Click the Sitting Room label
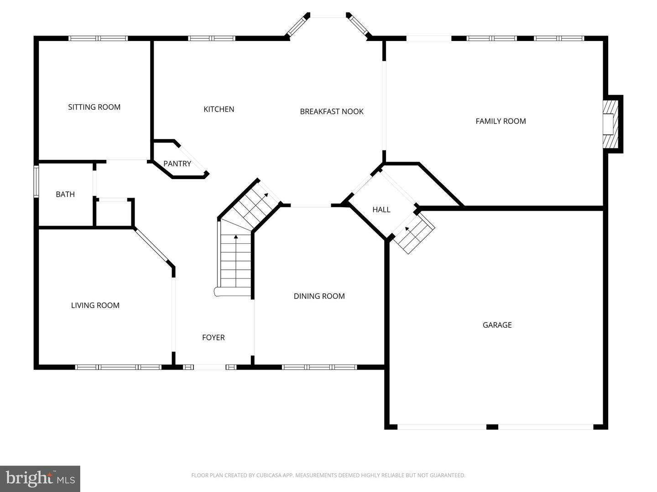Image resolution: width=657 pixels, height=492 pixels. pyautogui.click(x=94, y=107)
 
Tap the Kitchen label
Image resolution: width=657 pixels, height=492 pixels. pyautogui.click(x=219, y=109)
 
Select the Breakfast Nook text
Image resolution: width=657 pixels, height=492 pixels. pyautogui.click(x=332, y=111)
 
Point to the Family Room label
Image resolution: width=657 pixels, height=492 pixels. pyautogui.click(x=501, y=121)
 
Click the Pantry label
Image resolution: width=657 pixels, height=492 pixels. pyautogui.click(x=177, y=164)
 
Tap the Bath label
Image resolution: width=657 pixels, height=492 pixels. pyautogui.click(x=65, y=194)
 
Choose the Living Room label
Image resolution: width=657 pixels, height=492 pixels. pyautogui.click(x=95, y=305)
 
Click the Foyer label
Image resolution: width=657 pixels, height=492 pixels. pyautogui.click(x=214, y=337)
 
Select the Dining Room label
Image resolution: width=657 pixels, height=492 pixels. pyautogui.click(x=319, y=296)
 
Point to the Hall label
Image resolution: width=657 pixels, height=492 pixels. pyautogui.click(x=381, y=210)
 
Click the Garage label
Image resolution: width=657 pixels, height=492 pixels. pyautogui.click(x=497, y=325)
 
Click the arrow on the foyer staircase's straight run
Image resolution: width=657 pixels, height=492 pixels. pyautogui.click(x=236, y=237)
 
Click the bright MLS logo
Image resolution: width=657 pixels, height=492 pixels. pyautogui.click(x=40, y=478)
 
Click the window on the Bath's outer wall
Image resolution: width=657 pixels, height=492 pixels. pyautogui.click(x=36, y=181)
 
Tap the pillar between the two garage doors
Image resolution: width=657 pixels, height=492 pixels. pyautogui.click(x=492, y=427)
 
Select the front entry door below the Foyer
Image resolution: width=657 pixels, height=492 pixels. pyautogui.click(x=210, y=367)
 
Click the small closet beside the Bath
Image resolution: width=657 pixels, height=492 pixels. pyautogui.click(x=114, y=213)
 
